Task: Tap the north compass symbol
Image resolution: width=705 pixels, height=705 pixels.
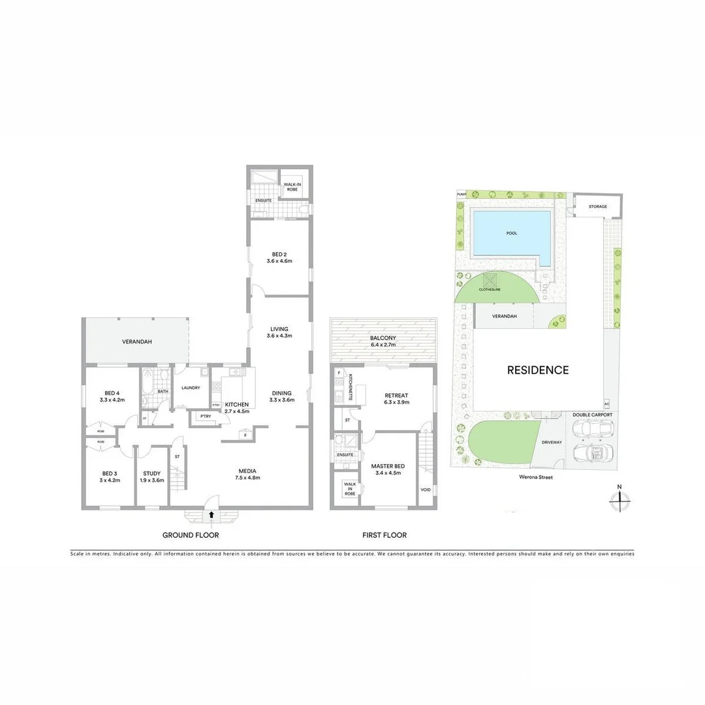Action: coord(619,499)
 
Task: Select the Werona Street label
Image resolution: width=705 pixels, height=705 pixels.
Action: coord(534,478)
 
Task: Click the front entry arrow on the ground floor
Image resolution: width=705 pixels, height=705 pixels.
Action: coord(211,514)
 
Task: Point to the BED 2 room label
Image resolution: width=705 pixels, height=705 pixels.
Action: coord(279,258)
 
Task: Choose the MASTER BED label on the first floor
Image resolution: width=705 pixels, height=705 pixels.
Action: coord(388,469)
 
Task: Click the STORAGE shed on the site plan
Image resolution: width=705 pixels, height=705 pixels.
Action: coord(597,207)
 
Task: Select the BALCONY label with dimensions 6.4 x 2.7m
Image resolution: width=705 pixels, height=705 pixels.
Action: coord(384,341)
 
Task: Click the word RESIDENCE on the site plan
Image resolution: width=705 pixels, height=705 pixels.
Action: coord(538,370)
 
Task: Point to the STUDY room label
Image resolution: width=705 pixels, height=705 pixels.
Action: coord(151,477)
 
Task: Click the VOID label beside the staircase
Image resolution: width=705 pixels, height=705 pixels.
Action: coord(426,490)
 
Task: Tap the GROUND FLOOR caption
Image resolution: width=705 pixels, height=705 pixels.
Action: coord(191,535)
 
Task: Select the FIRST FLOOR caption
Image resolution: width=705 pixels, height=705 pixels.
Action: coord(384,535)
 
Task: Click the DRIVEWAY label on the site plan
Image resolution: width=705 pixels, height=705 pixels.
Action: coord(552,443)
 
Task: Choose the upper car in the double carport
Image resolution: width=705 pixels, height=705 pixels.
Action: coord(593,428)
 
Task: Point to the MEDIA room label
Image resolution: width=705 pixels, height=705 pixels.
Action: coord(247,474)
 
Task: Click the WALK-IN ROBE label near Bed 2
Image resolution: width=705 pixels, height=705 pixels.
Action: coord(292,187)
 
